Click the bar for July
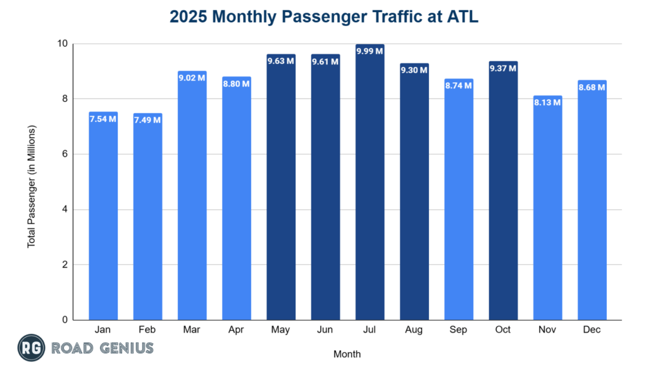pos(370,183)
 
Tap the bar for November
pos(547,209)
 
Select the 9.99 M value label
pos(370,51)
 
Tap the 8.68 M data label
pos(592,87)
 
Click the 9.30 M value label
pos(414,70)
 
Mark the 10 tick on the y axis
pos(61,44)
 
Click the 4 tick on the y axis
pos(64,209)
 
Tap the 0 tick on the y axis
pos(64,320)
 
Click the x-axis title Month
pos(347,353)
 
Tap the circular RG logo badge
pos(30,348)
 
